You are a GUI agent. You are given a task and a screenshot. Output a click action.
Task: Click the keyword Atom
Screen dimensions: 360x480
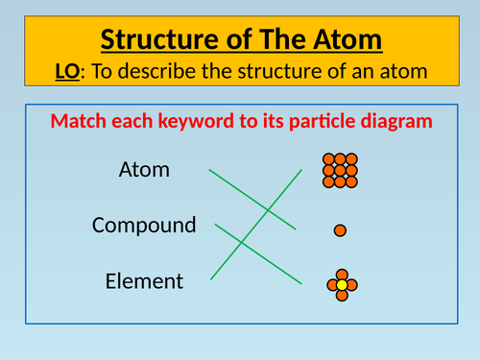[x=144, y=171]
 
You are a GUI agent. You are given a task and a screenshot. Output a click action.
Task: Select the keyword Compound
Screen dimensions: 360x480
[x=144, y=226]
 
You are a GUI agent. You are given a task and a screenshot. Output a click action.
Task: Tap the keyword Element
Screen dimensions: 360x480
[x=144, y=281]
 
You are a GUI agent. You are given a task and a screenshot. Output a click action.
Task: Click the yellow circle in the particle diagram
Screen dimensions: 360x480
[x=341, y=284]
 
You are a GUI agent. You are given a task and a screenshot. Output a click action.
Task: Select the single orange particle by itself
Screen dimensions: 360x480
[x=340, y=230]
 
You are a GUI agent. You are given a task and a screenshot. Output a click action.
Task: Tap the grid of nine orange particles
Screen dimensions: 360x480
[x=340, y=170]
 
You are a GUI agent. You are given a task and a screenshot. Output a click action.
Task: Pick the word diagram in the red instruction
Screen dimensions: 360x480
[x=388, y=122]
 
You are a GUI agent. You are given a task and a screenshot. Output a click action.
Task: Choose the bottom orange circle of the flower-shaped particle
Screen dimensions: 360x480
[x=341, y=295]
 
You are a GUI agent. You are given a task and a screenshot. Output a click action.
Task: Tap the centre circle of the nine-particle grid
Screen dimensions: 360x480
[x=340, y=170]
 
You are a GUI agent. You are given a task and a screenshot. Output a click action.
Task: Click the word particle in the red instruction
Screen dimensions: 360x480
[x=309, y=122]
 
